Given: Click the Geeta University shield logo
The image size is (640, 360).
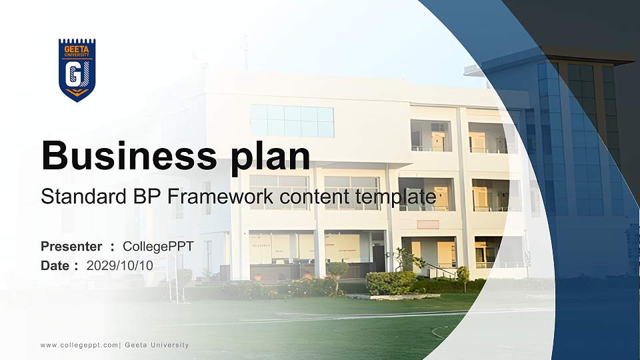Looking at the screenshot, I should pos(77,70).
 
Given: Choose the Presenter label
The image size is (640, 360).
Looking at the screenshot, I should pos(71,247).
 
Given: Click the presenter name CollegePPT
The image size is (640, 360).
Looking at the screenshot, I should pos(158,247).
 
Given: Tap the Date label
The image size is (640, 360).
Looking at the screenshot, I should pos(55,265).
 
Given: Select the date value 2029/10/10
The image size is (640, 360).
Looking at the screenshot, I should pos(120,265).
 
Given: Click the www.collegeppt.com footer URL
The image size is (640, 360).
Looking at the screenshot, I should pos(79,345).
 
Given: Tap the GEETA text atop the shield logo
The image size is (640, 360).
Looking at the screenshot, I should pos(77,49).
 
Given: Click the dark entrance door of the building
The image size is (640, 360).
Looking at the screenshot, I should pos(379,258).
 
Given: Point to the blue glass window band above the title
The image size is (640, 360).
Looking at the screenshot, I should pos(292,121).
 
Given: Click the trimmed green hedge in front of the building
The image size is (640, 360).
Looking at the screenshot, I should pos(391,283).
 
